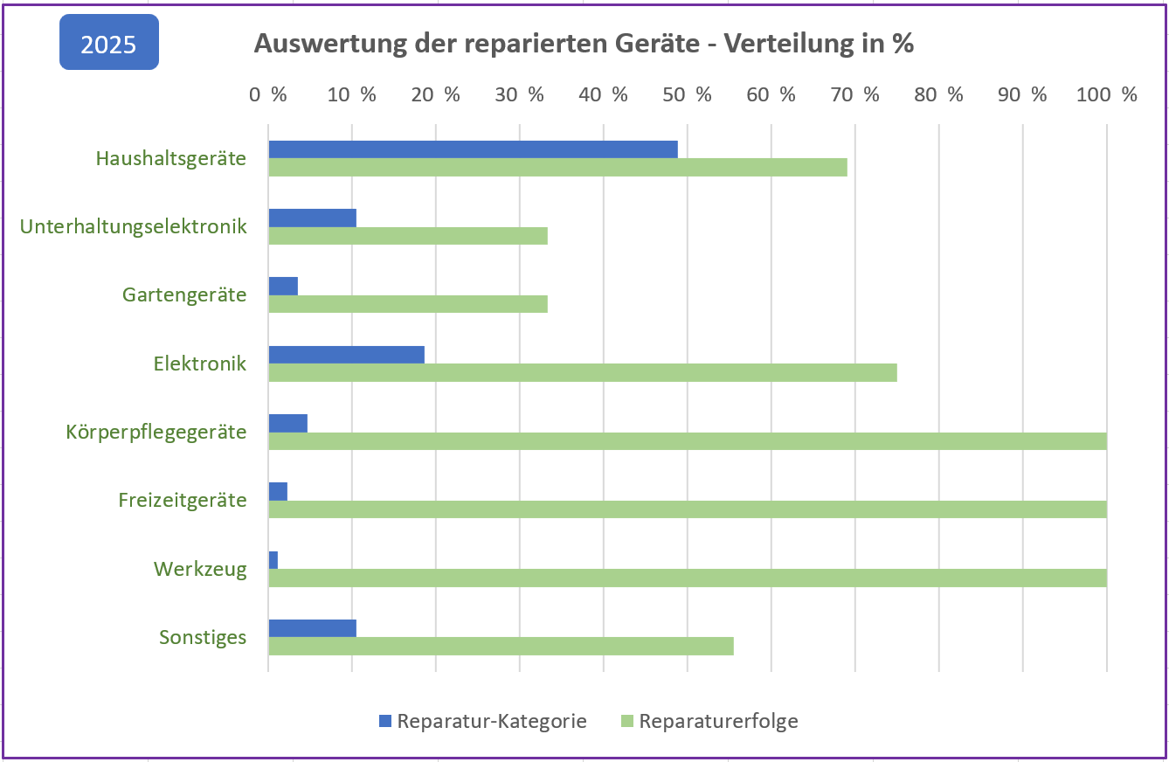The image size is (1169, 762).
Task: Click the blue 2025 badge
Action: point(109,43)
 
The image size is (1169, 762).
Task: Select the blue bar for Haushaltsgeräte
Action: point(473,149)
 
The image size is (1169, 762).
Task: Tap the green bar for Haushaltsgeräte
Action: point(557,168)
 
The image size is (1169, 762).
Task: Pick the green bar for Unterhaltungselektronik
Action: point(408,236)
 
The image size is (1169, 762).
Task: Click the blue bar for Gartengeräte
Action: point(283,286)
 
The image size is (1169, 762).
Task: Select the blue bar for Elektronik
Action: point(346,354)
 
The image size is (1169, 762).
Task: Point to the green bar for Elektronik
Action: point(583,373)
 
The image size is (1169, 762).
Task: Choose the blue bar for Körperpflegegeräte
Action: point(288,423)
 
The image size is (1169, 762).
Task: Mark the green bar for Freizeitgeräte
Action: point(688,509)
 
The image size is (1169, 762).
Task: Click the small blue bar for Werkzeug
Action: point(273,560)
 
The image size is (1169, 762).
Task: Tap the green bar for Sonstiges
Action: point(501,647)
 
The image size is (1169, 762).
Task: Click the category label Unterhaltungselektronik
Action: point(134,227)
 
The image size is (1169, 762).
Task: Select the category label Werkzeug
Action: point(200,570)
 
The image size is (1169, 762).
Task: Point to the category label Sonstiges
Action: point(203,638)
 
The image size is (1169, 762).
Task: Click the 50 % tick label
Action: point(689,94)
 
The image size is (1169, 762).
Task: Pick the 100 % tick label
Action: point(1107,94)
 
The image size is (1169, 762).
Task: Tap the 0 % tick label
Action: point(268,94)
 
